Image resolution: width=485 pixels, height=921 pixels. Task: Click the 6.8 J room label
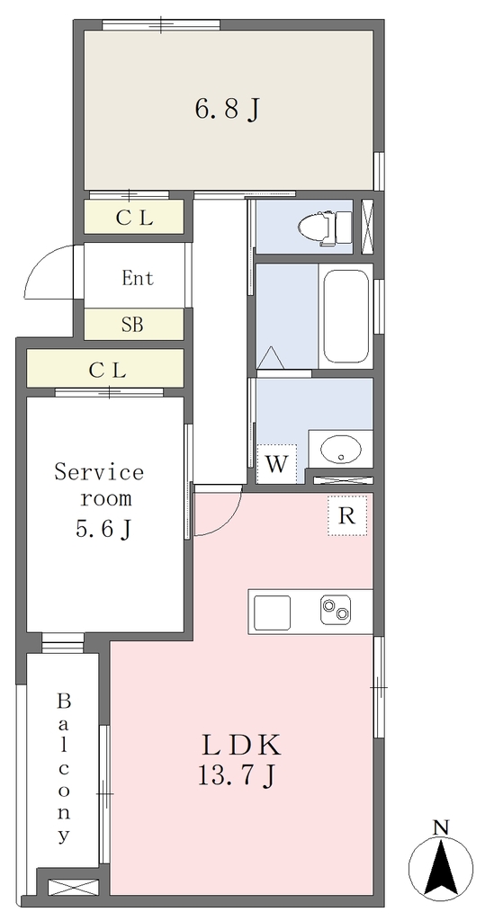(228, 109)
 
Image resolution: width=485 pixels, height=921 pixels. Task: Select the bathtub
(346, 317)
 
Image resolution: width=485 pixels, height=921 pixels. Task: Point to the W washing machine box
(276, 464)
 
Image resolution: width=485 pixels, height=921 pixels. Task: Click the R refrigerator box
(347, 515)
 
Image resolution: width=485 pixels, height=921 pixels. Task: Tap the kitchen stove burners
(336, 610)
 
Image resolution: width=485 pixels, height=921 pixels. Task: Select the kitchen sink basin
(272, 611)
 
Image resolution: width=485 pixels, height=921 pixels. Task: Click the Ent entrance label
(139, 278)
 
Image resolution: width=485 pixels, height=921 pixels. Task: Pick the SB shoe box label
(133, 325)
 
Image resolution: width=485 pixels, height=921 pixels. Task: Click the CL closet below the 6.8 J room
(134, 218)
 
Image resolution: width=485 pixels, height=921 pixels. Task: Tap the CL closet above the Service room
(105, 369)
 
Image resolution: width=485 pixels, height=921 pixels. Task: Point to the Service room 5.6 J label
(99, 500)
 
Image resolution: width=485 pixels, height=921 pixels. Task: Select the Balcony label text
(64, 768)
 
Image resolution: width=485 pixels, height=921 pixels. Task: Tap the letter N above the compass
(441, 827)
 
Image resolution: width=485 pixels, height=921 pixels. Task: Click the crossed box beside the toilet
(368, 227)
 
